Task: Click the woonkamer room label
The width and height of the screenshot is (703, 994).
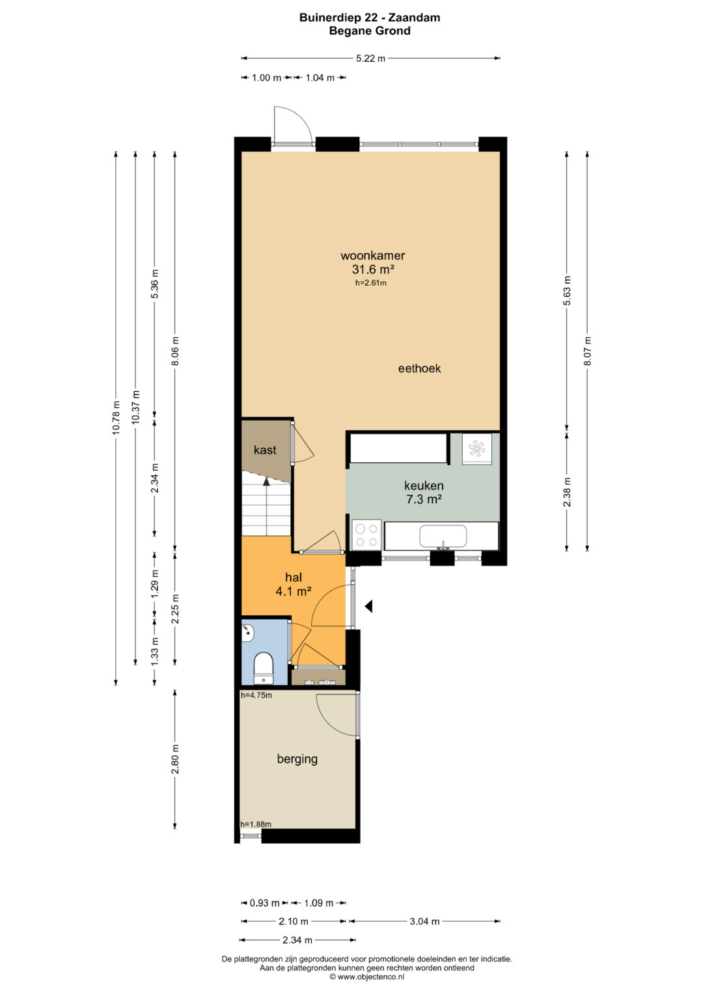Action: pyautogui.click(x=373, y=256)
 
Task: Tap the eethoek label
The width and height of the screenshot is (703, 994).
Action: pyautogui.click(x=419, y=368)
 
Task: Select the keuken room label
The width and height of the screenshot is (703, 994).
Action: pyautogui.click(x=424, y=486)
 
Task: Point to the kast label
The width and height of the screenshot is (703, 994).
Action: pyautogui.click(x=265, y=450)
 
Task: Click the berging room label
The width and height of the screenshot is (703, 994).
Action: pyautogui.click(x=297, y=759)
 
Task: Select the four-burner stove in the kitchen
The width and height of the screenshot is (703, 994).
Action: pyautogui.click(x=366, y=535)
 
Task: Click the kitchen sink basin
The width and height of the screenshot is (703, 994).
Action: pyautogui.click(x=443, y=536)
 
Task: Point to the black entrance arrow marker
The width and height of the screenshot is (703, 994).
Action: pyautogui.click(x=369, y=606)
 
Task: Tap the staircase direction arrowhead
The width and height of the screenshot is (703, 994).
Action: pyautogui.click(x=266, y=480)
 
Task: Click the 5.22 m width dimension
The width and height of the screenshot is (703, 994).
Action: pyautogui.click(x=370, y=58)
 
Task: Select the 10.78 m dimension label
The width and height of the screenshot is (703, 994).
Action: pyautogui.click(x=117, y=417)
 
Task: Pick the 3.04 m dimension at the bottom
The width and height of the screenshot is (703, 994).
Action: pyautogui.click(x=424, y=921)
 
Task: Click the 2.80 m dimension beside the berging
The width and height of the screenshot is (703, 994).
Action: pyautogui.click(x=175, y=759)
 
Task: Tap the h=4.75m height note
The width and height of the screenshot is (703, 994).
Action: pyautogui.click(x=256, y=695)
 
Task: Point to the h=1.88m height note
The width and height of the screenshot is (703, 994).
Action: pyautogui.click(x=256, y=825)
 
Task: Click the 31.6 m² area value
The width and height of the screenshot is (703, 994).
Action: pyautogui.click(x=373, y=269)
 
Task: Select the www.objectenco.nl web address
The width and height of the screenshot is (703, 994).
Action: pyautogui.click(x=370, y=976)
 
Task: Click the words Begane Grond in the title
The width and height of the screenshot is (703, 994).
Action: pyautogui.click(x=370, y=31)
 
